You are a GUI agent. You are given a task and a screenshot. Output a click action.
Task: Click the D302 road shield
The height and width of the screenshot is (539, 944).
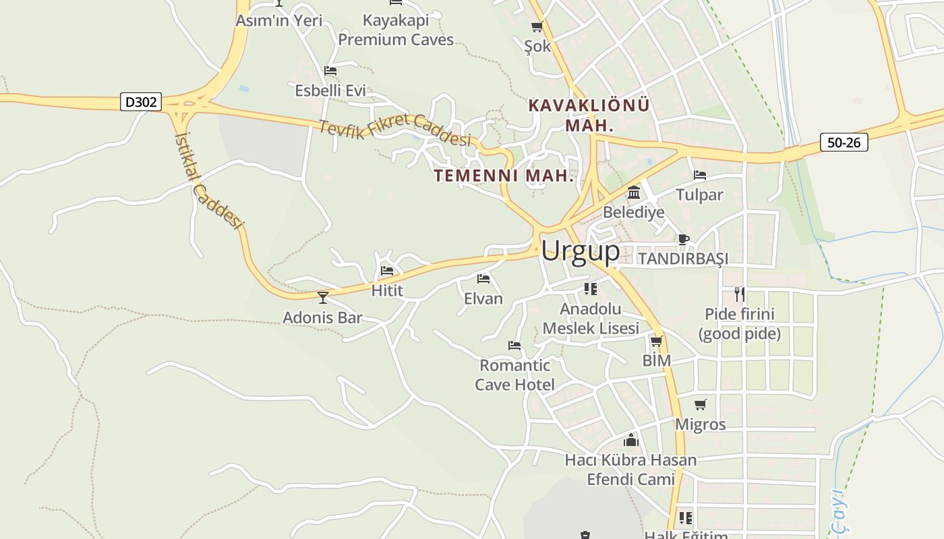click(x=142, y=102)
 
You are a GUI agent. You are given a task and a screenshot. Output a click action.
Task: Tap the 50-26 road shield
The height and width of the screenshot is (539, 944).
click(x=844, y=143)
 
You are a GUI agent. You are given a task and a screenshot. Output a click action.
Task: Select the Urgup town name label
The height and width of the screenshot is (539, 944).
click(x=580, y=251)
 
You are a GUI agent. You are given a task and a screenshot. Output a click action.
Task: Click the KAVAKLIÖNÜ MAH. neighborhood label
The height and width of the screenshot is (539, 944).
click(x=589, y=115)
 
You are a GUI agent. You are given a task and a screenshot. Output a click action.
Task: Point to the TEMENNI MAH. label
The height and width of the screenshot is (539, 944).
click(x=504, y=176)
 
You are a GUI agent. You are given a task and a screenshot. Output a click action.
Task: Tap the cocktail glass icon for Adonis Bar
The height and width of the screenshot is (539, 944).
click(x=323, y=297)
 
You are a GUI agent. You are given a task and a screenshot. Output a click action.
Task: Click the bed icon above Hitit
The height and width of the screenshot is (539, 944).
click(x=387, y=271)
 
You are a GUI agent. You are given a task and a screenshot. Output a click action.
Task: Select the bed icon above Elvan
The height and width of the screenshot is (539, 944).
click(x=483, y=278)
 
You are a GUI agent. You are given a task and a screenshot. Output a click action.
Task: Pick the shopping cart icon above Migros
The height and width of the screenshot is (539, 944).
click(x=701, y=404)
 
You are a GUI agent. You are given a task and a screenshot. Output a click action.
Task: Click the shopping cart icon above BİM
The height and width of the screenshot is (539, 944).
click(x=656, y=341)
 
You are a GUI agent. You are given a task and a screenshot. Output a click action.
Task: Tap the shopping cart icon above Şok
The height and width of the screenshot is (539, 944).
click(x=537, y=27)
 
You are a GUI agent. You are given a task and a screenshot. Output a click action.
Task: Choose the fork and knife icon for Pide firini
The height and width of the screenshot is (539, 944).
click(x=740, y=294)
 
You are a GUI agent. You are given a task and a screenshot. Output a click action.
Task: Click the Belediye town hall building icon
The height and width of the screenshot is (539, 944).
click(x=634, y=193)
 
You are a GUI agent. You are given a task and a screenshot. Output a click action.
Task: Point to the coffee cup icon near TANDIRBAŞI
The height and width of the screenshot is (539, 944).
click(x=683, y=239)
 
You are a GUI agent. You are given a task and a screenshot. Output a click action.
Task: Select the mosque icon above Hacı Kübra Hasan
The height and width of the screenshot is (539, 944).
click(x=631, y=440)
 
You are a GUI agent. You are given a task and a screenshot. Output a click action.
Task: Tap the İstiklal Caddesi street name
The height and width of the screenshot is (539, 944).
click(x=207, y=180)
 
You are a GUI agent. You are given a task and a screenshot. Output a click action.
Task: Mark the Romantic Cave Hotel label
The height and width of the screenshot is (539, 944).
click(x=515, y=375)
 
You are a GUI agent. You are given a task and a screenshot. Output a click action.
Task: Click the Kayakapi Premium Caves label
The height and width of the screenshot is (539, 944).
click(x=396, y=30)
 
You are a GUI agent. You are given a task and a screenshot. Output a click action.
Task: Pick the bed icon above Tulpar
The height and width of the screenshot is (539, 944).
click(x=700, y=175)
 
